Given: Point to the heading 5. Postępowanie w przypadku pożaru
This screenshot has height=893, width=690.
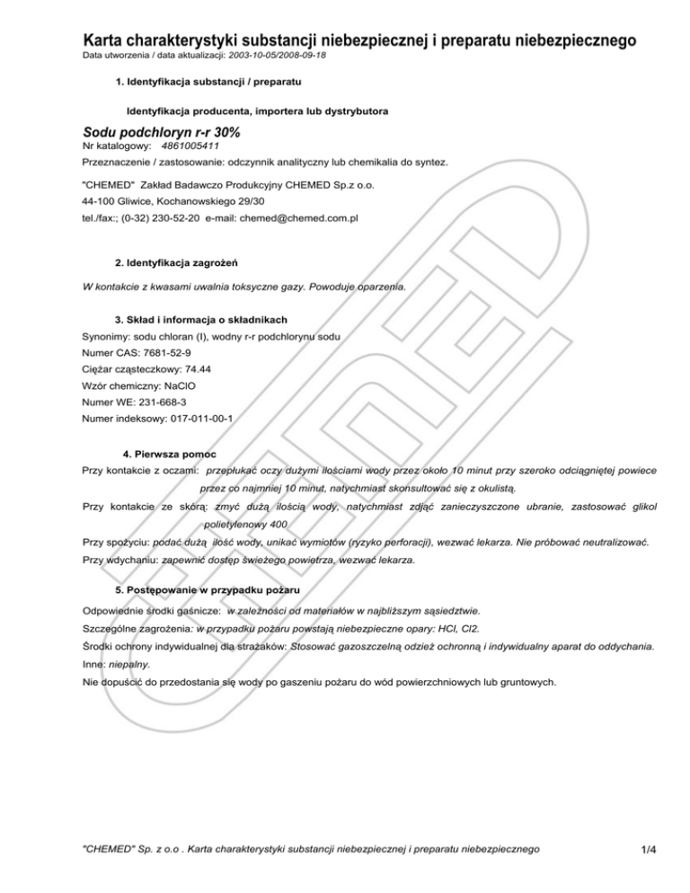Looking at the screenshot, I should [208, 590].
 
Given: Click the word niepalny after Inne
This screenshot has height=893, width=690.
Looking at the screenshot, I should [128, 664].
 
